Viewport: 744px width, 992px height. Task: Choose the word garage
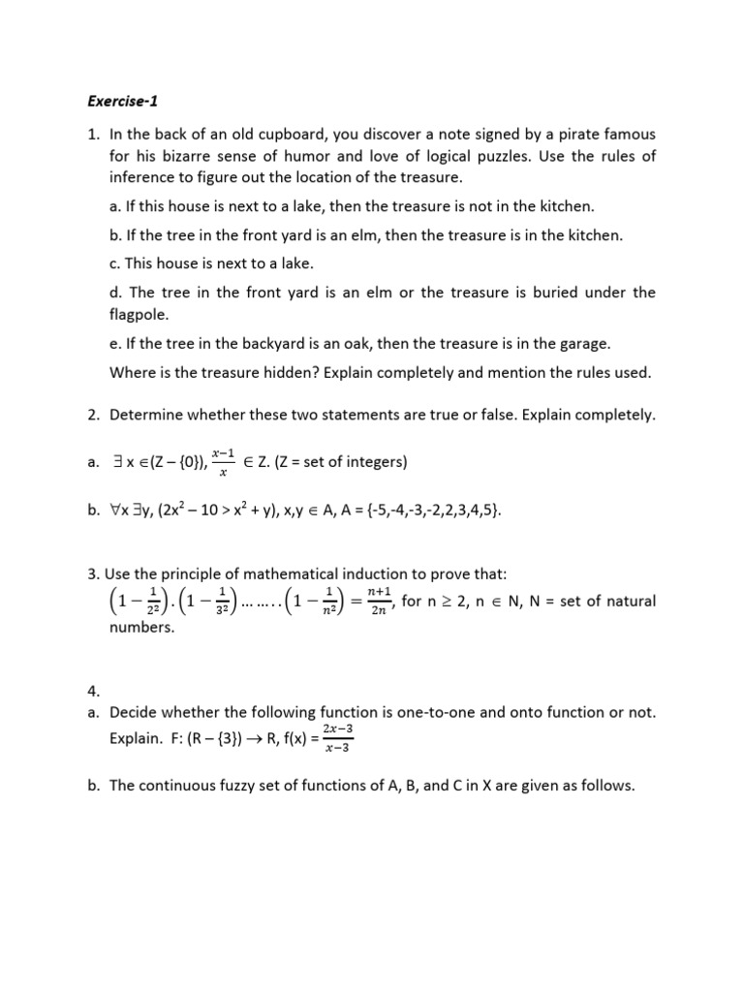tap(580, 344)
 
